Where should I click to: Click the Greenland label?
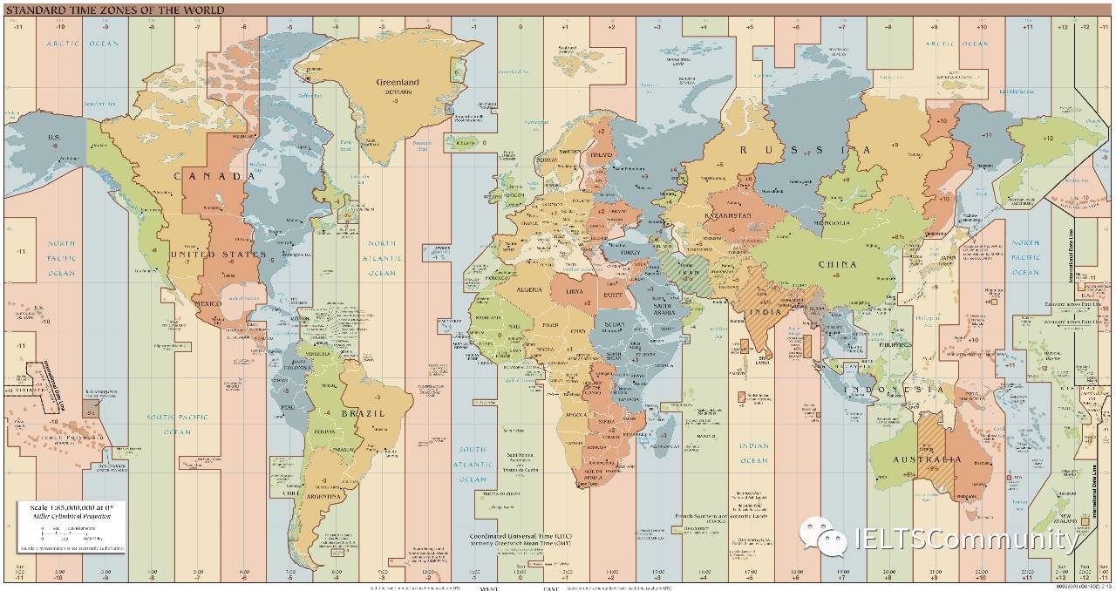[398, 82]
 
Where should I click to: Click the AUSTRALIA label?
[926, 459]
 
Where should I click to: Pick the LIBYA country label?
[575, 291]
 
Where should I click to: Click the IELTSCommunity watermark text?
[965, 540]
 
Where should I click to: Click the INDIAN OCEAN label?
[754, 452]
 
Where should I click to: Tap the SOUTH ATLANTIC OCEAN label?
[473, 465]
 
